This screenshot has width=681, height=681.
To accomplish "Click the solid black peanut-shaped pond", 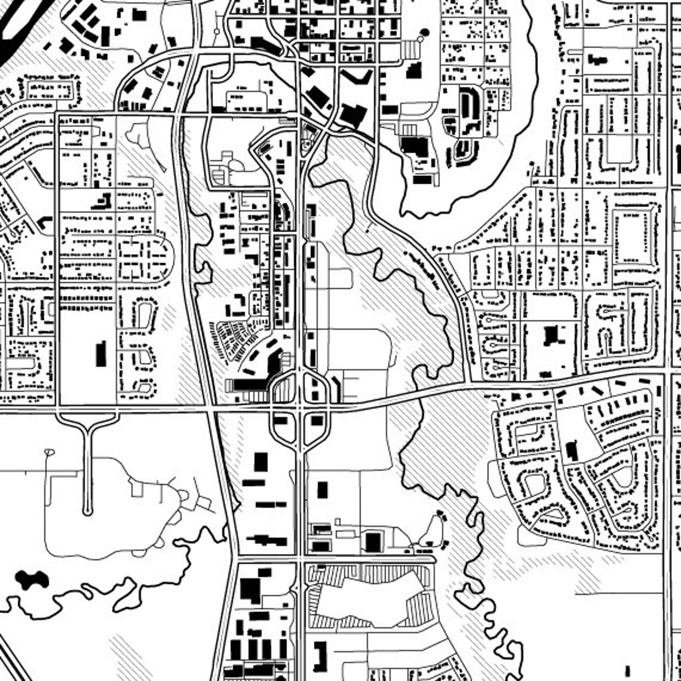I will pos(31,580).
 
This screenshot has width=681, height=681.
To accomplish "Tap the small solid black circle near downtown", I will pos(425,32).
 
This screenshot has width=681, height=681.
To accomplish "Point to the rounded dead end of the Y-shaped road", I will pos(87,511).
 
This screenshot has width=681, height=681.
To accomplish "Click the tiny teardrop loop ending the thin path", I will pos(49,452).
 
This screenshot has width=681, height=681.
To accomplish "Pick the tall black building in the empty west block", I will pos(101,354).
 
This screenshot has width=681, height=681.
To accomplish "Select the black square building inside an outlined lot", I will pos(373,542).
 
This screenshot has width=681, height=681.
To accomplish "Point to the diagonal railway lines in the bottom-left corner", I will pos(13,660).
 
